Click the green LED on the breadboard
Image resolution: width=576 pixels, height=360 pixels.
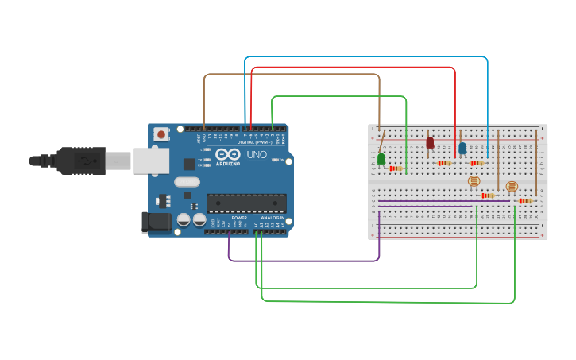coord(381,159)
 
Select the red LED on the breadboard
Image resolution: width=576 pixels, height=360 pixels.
coord(430,143)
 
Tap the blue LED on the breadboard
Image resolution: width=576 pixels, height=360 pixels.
coord(462,148)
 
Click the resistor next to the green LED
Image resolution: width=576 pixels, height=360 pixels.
coord(395,168)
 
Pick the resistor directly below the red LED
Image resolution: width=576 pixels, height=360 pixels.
coord(443,163)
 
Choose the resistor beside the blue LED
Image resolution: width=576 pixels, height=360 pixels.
coord(476,163)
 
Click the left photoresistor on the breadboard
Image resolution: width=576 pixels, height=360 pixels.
coord(474,181)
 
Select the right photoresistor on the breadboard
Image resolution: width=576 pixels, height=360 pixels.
coord(512,186)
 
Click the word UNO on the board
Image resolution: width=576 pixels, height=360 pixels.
coord(257,154)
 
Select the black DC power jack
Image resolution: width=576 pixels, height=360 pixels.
coord(156,223)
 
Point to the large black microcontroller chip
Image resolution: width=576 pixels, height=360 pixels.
coord(246,203)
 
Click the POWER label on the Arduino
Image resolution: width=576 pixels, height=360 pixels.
coord(239,217)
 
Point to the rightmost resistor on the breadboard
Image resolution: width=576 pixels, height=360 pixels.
coord(524,200)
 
